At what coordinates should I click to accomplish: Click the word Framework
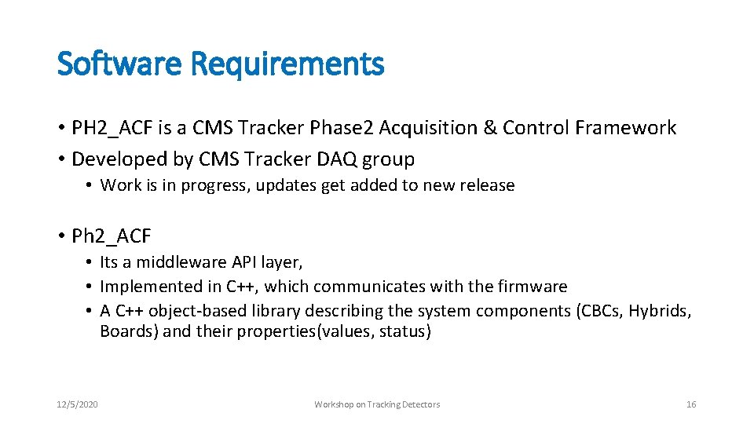click(x=628, y=128)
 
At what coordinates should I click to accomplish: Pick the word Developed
click(x=115, y=159)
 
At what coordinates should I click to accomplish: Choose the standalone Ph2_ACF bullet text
click(x=111, y=236)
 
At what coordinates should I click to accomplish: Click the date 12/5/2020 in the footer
click(x=77, y=404)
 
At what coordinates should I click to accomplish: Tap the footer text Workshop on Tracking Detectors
click(x=377, y=404)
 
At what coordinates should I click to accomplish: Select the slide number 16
click(x=691, y=404)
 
